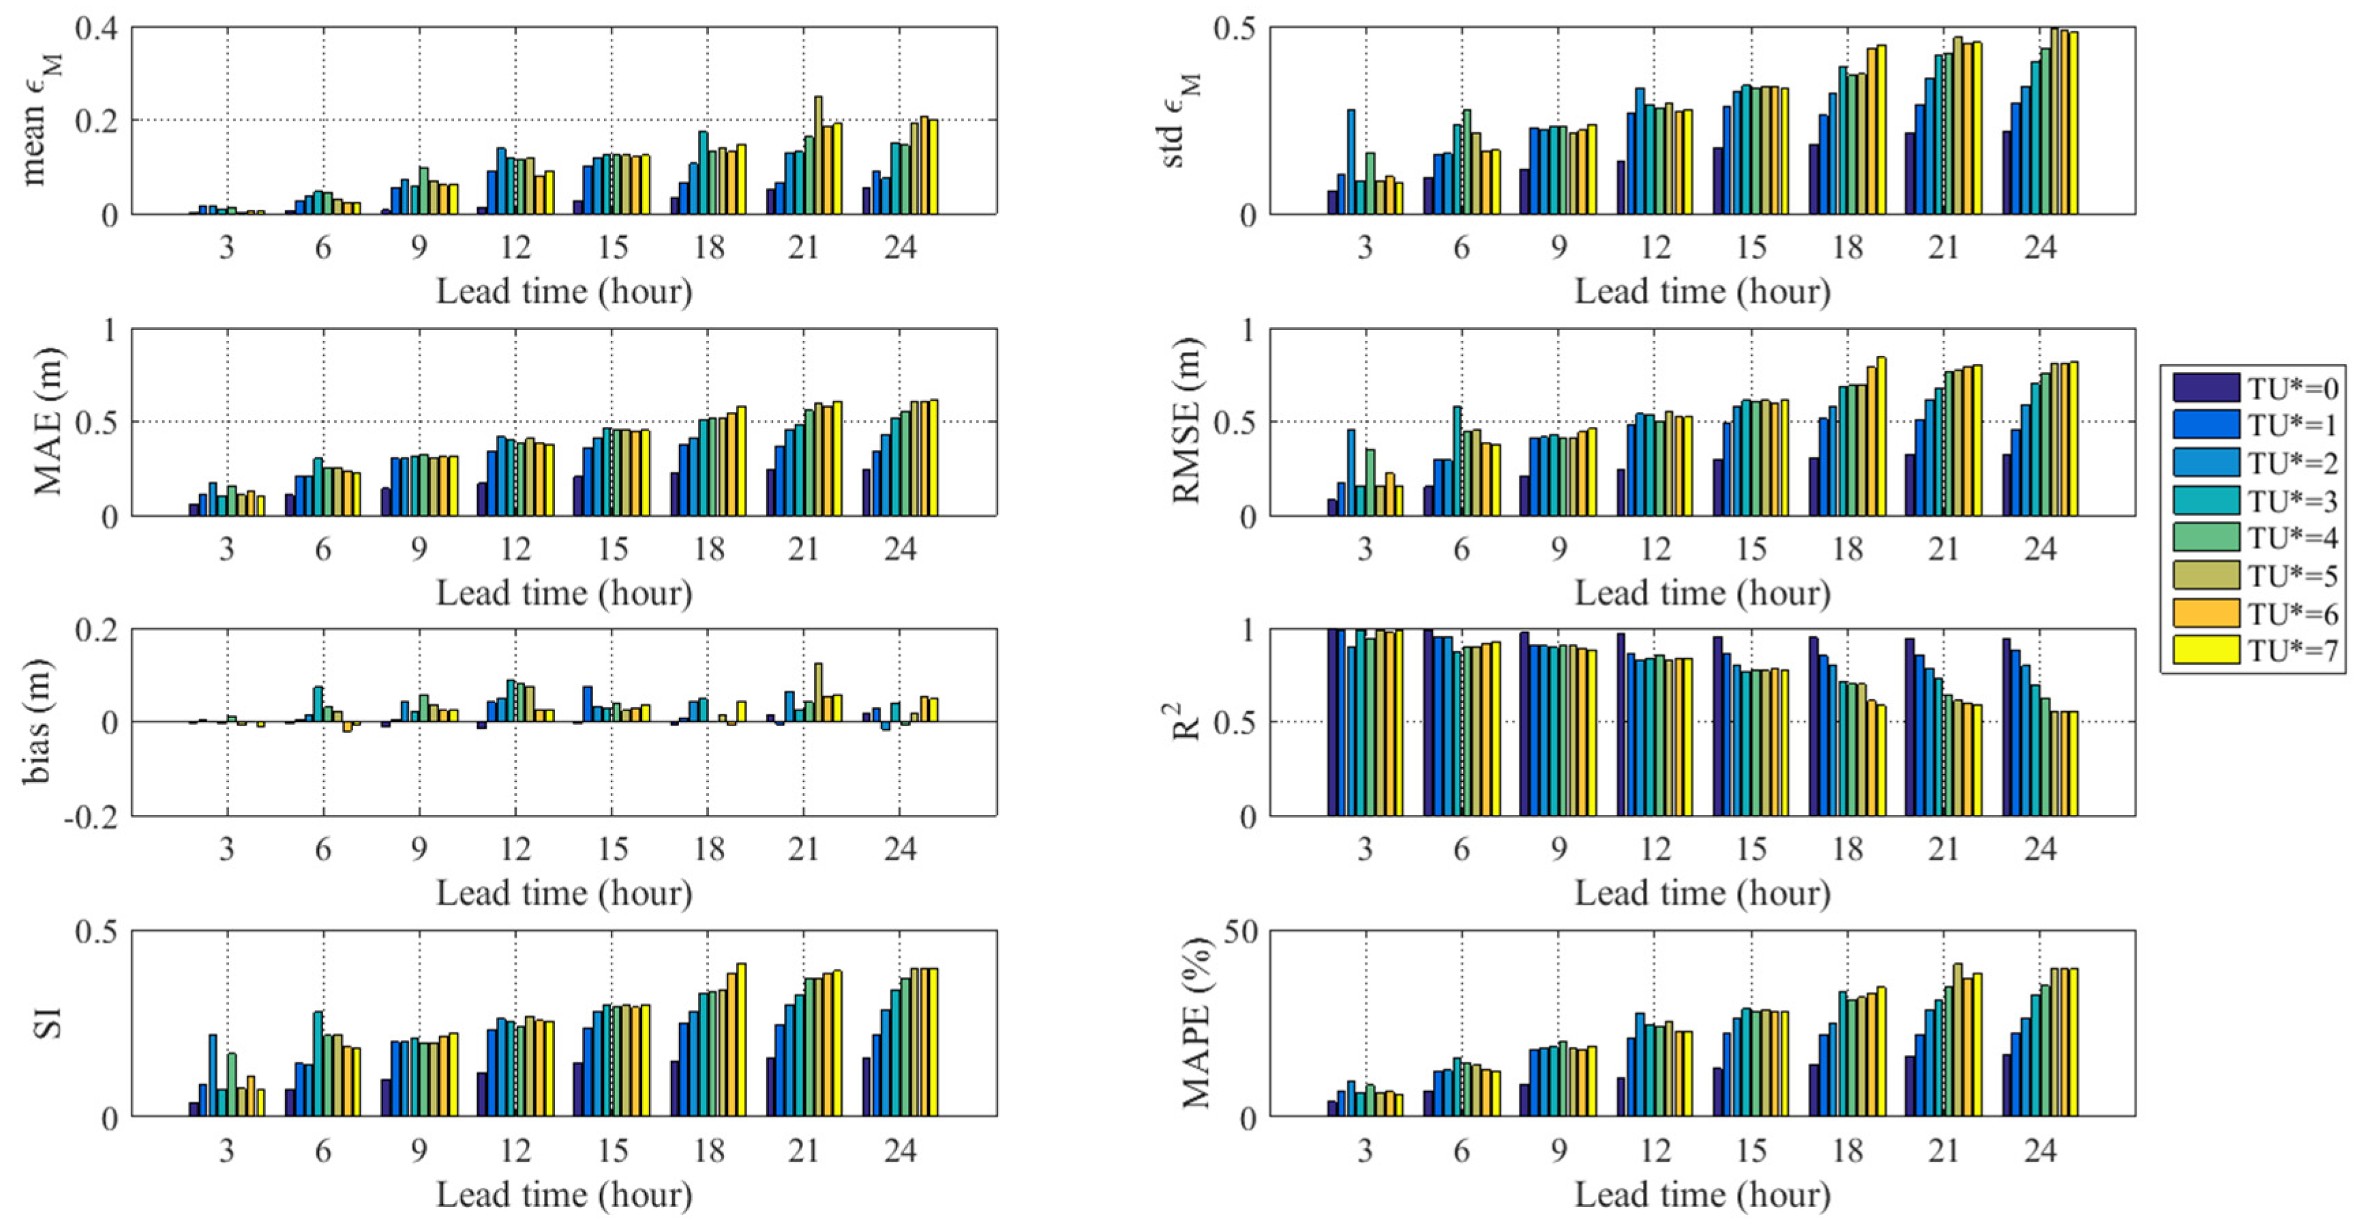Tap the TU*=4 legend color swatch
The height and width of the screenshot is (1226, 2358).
(x=2205, y=537)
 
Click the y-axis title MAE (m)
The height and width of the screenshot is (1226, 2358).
(x=48, y=422)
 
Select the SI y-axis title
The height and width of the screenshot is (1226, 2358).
(x=48, y=1023)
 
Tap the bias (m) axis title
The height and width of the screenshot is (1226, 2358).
(x=37, y=722)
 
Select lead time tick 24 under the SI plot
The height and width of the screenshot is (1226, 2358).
(x=900, y=1150)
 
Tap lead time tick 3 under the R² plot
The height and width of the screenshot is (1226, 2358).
(x=1365, y=850)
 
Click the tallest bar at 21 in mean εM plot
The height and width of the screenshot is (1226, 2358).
(x=818, y=155)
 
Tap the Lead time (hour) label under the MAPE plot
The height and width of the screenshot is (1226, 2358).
(x=1703, y=1194)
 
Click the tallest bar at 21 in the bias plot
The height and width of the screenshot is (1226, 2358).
(x=818, y=692)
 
